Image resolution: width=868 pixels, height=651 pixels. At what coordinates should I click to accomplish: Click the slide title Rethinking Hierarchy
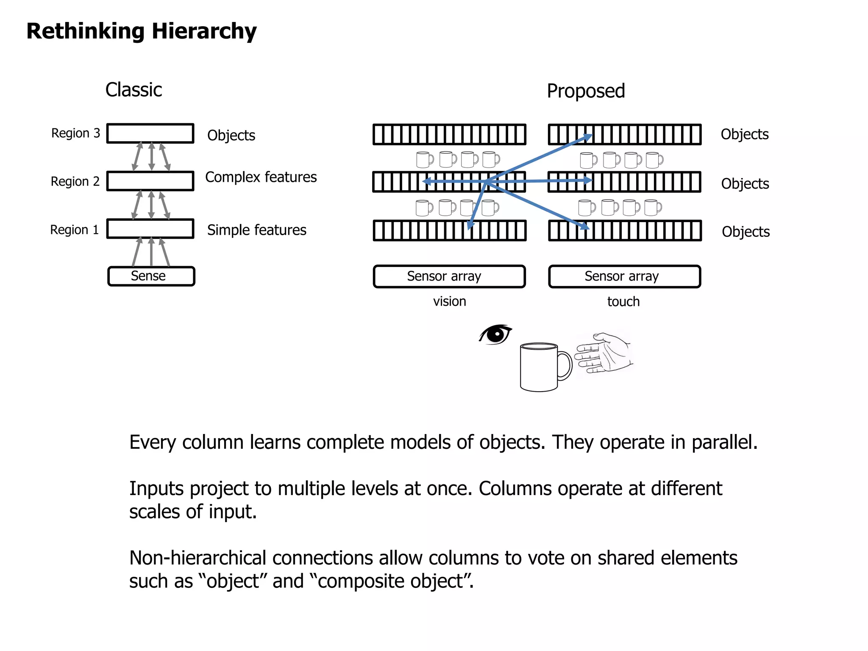point(141,31)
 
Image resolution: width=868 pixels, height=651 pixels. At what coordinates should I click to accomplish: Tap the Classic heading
point(134,90)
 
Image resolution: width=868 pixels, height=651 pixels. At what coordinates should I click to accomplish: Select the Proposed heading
point(586,91)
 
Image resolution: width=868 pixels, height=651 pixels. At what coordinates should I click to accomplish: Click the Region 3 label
point(75,133)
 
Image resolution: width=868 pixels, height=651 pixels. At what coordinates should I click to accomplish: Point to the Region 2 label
point(75,181)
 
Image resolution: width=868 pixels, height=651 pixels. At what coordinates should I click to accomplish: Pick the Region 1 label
point(74,230)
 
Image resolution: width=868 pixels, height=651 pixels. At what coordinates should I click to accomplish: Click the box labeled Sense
point(151,276)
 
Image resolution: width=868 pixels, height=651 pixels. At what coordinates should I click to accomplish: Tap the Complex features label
point(261,177)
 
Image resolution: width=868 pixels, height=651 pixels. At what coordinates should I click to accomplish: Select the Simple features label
point(256,230)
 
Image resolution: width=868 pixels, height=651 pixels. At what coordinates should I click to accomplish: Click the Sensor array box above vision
point(449,276)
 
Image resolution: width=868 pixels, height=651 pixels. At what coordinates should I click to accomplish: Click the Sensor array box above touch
point(624,276)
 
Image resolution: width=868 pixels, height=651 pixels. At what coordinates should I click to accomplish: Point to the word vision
point(449,301)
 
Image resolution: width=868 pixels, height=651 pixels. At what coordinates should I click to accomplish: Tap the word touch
point(623,302)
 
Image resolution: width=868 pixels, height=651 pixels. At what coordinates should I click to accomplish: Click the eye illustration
point(495,334)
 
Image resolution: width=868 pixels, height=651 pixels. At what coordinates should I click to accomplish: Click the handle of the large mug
point(565,365)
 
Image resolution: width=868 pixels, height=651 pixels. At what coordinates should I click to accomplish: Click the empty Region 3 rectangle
point(150,133)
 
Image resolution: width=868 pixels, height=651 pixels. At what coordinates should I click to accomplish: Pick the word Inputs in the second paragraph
point(156,489)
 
